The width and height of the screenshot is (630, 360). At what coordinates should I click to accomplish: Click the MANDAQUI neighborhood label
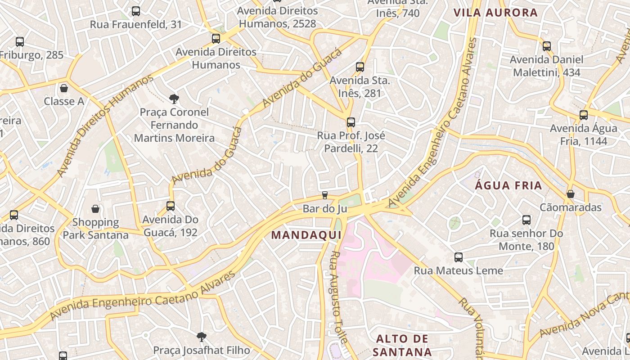coord(306,235)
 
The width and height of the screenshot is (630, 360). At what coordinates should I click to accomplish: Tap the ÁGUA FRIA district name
coord(508,185)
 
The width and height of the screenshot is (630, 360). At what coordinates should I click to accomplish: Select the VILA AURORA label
coord(495,13)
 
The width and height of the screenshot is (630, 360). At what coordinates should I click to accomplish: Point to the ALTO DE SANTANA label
coord(403,345)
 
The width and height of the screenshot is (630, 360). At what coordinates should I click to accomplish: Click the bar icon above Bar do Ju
coord(324,195)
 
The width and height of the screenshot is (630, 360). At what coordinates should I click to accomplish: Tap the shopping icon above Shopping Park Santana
coord(95,209)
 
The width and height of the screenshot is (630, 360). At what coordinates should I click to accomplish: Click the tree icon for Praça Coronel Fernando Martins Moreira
coord(174,99)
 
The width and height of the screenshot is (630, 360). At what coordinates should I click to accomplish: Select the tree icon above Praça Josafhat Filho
coord(201,337)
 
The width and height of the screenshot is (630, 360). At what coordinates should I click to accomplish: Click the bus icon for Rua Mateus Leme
coord(458,257)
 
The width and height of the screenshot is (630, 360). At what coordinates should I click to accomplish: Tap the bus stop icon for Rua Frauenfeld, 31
coord(135,11)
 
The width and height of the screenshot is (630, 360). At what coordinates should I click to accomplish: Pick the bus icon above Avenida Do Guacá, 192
coord(170,206)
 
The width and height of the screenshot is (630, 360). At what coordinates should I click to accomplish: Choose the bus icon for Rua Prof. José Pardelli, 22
coord(351,122)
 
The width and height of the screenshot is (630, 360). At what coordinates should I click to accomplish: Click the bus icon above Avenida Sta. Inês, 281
coord(360,67)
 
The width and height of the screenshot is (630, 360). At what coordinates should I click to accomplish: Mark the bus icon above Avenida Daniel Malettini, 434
coord(546,46)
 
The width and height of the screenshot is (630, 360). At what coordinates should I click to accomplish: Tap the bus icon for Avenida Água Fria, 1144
coord(584,115)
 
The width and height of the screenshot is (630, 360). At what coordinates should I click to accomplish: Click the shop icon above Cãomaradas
coord(570,194)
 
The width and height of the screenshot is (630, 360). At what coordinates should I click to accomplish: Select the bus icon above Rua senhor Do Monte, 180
coord(526,220)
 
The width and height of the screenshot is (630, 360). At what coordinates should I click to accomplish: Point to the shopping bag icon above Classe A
coord(64,88)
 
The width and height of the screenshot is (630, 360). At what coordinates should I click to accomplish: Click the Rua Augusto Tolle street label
coord(338,297)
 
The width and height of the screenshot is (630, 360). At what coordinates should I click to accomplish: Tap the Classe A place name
coord(64,101)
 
